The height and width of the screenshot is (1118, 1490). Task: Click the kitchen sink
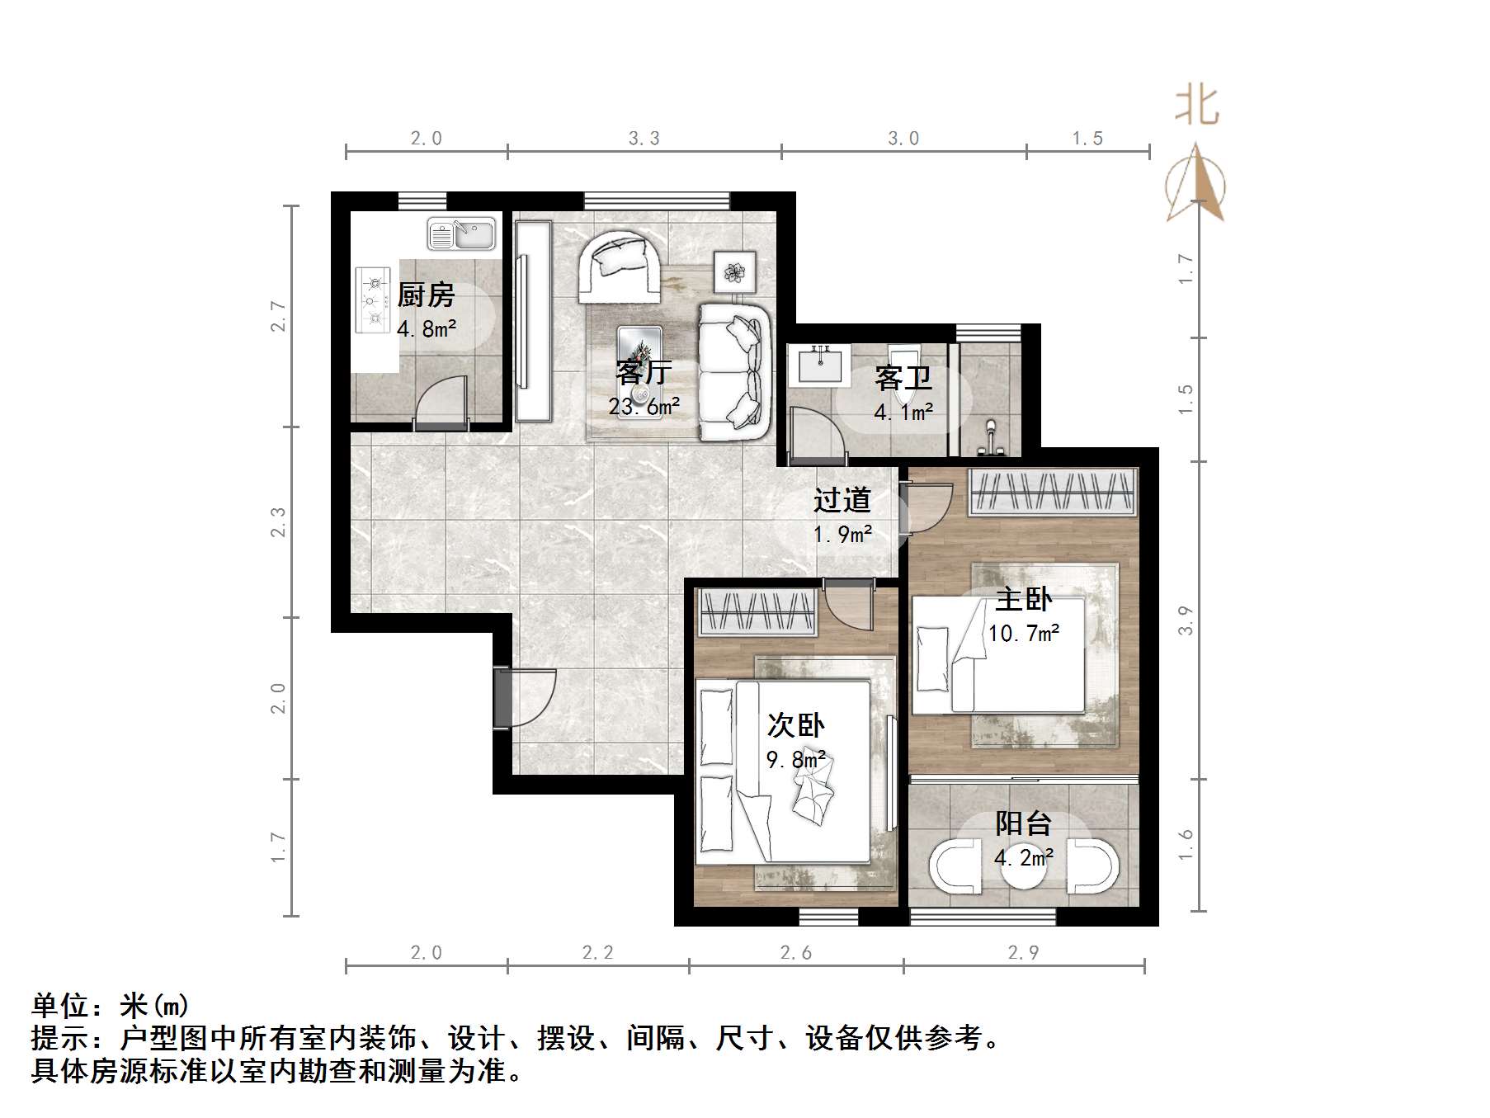pyautogui.click(x=461, y=234)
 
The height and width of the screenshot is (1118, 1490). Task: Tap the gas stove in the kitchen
pyautogui.click(x=373, y=300)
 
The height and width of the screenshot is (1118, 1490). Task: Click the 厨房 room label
pyautogui.click(x=426, y=295)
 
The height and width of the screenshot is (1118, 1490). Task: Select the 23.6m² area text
pyautogui.click(x=644, y=406)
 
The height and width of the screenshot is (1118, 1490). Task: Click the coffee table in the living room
pyautogui.click(x=640, y=371)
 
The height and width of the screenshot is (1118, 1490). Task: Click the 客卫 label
pyautogui.click(x=903, y=378)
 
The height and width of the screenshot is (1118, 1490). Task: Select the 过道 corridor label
pyautogui.click(x=842, y=499)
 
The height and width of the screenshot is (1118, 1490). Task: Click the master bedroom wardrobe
pyautogui.click(x=1053, y=492)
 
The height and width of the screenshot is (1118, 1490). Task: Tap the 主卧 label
pyautogui.click(x=1023, y=599)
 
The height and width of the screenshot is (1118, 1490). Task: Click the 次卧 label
pyautogui.click(x=795, y=724)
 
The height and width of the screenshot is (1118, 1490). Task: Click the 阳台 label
pyautogui.click(x=1023, y=823)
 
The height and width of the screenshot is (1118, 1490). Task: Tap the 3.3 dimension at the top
pyautogui.click(x=644, y=139)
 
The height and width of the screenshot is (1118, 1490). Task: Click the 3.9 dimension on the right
pyautogui.click(x=1186, y=620)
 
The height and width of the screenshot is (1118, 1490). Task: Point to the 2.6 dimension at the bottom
pyautogui.click(x=796, y=953)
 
